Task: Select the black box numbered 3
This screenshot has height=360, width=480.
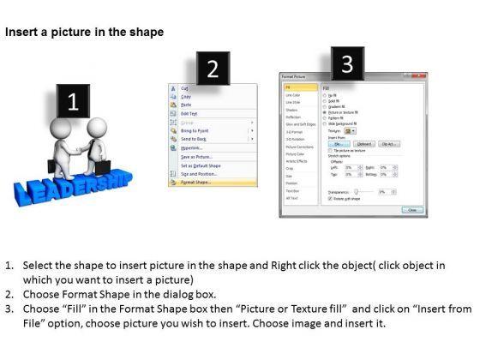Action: point(346,63)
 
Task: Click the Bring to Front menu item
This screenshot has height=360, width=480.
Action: point(193,129)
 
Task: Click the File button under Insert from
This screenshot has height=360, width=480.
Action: point(336,144)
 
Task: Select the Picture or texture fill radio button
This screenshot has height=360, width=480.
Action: point(323,112)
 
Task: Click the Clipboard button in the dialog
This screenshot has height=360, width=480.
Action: point(363,144)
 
